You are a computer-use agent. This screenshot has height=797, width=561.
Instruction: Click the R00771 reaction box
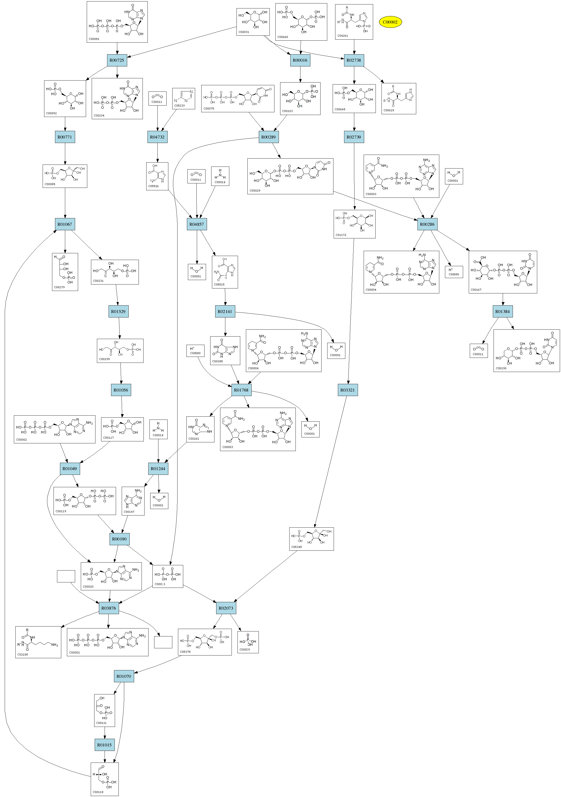click(65, 137)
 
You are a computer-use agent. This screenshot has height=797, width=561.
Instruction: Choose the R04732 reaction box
click(157, 137)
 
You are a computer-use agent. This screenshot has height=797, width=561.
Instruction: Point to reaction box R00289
click(268, 137)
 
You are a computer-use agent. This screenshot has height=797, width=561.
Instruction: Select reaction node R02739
click(354, 137)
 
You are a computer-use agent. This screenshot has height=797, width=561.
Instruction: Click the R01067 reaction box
click(65, 224)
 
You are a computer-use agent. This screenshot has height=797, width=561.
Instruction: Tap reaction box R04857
click(197, 224)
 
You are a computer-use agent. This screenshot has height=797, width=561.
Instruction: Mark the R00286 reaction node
click(427, 224)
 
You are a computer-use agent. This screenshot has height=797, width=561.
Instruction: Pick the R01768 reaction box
click(241, 390)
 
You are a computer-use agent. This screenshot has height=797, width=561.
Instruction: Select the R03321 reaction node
click(348, 390)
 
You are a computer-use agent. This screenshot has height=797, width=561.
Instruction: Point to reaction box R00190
click(119, 539)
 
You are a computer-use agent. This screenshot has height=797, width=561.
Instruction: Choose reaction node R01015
click(105, 745)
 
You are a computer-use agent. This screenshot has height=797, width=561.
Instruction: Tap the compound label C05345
click(296, 547)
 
